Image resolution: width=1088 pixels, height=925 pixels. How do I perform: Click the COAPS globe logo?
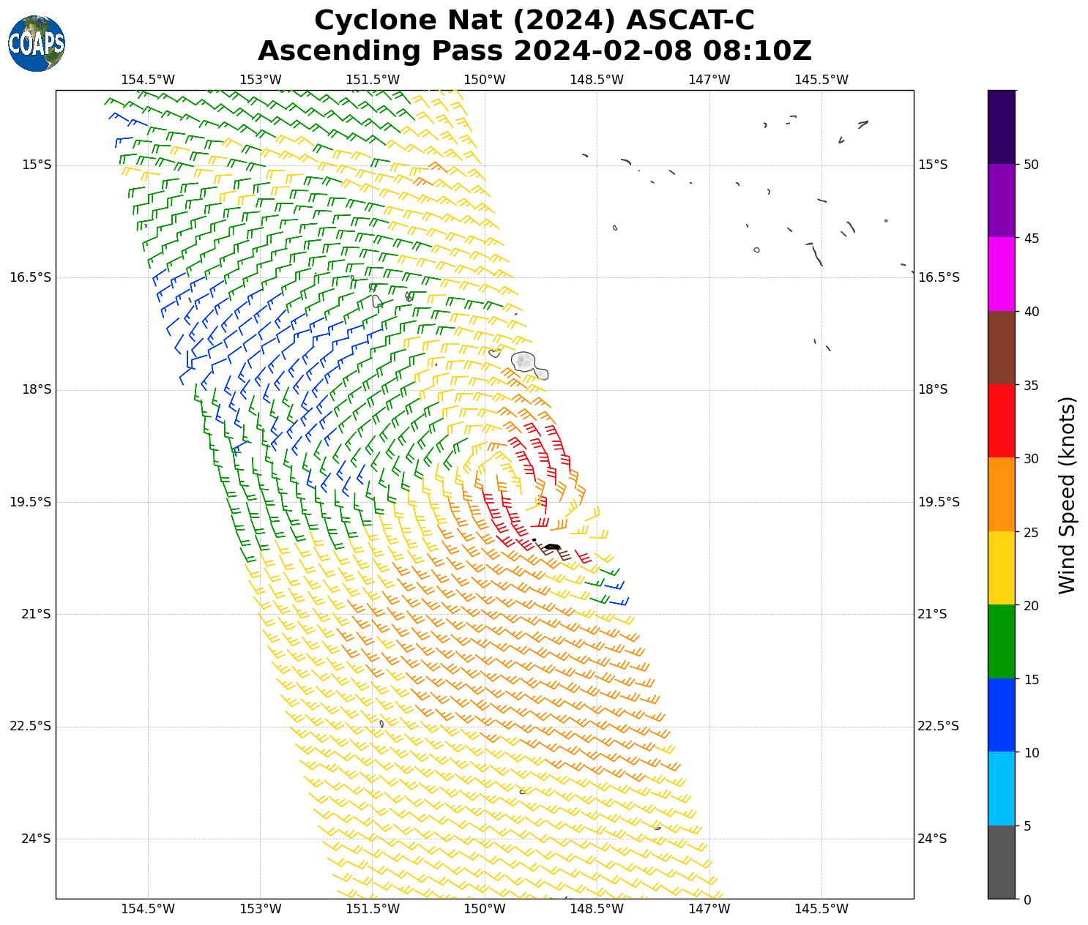tap(37, 43)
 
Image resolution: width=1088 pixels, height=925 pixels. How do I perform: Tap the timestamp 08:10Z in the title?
tap(757, 51)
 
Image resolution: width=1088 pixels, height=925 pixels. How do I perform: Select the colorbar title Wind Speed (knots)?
tap(1067, 495)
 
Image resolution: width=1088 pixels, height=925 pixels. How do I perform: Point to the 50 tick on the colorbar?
tap(1031, 165)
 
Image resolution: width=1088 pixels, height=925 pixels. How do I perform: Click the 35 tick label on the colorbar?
tap(1031, 385)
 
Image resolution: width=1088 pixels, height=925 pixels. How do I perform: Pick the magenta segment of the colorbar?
tap(1001, 274)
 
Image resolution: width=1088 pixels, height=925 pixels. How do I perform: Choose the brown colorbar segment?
tap(1001, 348)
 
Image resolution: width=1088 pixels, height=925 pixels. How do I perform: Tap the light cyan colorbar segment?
tap(1001, 788)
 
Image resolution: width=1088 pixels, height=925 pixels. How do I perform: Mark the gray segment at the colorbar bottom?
tap(1001, 861)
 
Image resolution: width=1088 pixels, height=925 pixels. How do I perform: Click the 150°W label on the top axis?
tap(485, 80)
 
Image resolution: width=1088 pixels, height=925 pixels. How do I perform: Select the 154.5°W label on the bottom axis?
tap(148, 909)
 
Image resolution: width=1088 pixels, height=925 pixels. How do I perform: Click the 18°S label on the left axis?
tap(37, 389)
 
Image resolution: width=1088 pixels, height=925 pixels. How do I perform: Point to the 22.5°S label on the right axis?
tap(938, 726)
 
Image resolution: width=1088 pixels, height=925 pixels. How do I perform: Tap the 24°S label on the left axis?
tap(37, 839)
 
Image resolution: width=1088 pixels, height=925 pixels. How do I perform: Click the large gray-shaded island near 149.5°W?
tap(524, 362)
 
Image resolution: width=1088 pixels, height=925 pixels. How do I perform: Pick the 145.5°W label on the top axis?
tap(821, 80)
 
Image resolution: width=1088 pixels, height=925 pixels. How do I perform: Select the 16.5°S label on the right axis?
tap(938, 277)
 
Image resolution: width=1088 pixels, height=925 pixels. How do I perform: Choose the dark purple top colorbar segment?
tap(1001, 127)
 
